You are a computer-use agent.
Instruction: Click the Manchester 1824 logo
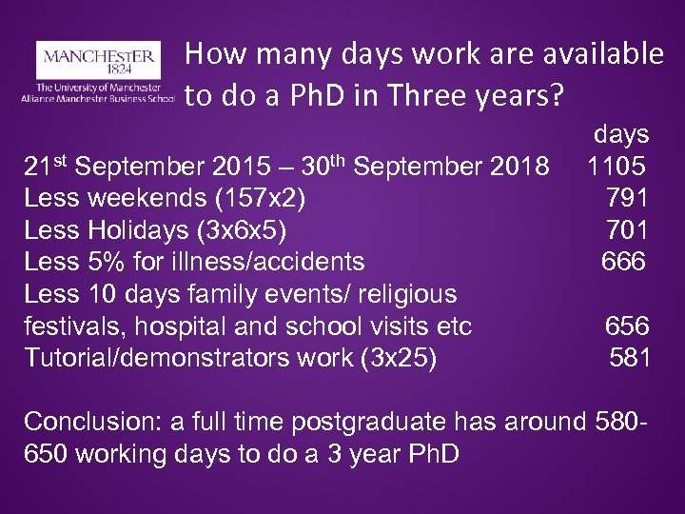(x=95, y=59)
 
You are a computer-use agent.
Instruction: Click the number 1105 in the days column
(x=616, y=167)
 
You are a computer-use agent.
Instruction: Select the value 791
(x=628, y=199)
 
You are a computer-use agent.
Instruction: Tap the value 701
(x=628, y=230)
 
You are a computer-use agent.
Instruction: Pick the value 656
(x=628, y=326)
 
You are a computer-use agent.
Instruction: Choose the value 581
(x=630, y=359)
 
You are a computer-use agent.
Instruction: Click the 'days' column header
(x=621, y=134)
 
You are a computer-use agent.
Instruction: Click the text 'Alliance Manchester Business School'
(x=95, y=97)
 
